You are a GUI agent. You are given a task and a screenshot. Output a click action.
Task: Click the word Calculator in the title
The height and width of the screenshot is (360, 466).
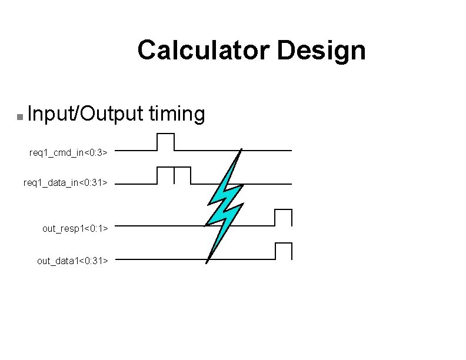[x=203, y=51]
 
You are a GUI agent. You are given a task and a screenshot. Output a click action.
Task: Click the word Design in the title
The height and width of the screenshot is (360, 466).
[x=321, y=51]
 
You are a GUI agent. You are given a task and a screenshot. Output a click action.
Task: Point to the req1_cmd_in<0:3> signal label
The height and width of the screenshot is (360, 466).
[x=68, y=153]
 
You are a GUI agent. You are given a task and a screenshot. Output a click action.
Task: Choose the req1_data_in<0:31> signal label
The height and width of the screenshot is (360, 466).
[x=65, y=183]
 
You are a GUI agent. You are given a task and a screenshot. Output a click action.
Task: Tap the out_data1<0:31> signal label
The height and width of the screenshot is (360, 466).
[x=72, y=260]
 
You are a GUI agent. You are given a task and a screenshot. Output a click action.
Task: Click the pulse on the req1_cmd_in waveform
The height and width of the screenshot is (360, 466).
[x=166, y=142]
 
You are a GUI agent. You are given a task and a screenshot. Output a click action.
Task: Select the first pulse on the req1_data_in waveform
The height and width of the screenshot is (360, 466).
[x=165, y=175]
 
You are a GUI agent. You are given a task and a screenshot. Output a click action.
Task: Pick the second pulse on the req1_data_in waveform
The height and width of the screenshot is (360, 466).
[x=182, y=175]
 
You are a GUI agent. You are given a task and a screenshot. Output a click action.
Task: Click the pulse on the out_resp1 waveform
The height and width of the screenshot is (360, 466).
[x=283, y=218]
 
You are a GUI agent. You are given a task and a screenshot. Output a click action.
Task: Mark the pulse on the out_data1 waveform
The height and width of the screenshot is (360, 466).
[x=283, y=251]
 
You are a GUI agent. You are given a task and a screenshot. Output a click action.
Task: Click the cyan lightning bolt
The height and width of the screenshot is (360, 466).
[x=224, y=203]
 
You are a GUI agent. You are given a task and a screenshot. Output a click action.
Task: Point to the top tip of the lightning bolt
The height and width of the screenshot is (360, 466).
[x=241, y=149]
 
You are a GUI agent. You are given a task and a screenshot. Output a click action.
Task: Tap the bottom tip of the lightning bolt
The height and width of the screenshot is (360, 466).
[x=207, y=262]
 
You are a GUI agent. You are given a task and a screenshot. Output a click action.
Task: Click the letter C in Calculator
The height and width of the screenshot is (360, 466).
[x=147, y=51]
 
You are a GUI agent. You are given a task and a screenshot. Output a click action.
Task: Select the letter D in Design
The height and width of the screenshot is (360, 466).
[x=285, y=51]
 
